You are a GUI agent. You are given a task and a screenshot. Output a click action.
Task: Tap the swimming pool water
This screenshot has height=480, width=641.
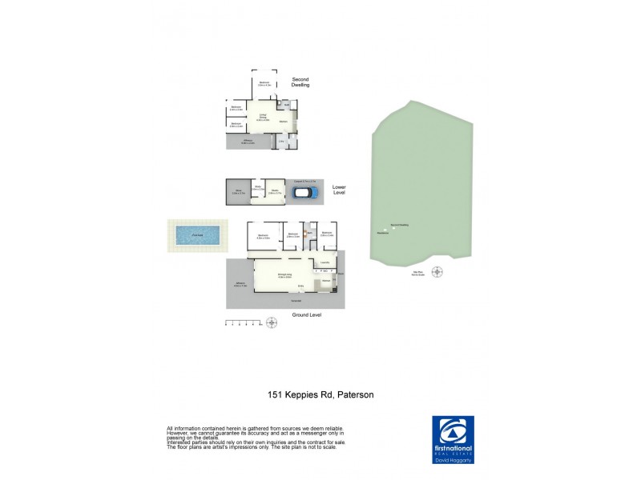coord(196,235)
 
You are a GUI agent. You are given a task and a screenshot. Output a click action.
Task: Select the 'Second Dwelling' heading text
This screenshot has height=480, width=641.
coord(300,82)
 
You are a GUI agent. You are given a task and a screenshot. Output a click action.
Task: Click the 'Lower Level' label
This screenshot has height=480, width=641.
coord(339,190)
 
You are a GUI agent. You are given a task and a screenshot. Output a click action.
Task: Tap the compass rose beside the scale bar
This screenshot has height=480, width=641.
coord(271,322)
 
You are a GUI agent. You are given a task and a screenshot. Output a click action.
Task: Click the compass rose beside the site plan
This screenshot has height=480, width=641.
coord(437,271)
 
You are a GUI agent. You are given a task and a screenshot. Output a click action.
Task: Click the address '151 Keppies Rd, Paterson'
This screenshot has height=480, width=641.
coord(320,394)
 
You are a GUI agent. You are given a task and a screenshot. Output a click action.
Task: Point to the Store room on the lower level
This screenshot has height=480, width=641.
coord(237,192)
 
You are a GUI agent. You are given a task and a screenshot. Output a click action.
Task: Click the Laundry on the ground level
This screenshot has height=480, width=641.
coord(325,263)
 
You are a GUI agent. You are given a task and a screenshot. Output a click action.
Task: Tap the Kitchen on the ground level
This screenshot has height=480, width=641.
coord(327,282)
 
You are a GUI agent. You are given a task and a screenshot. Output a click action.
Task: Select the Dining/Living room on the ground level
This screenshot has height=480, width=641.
coord(284,276)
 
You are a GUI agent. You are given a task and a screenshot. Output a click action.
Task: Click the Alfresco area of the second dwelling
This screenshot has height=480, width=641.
coord(248,142)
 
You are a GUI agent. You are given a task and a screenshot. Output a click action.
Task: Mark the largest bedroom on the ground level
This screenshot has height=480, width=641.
coord(264,236)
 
